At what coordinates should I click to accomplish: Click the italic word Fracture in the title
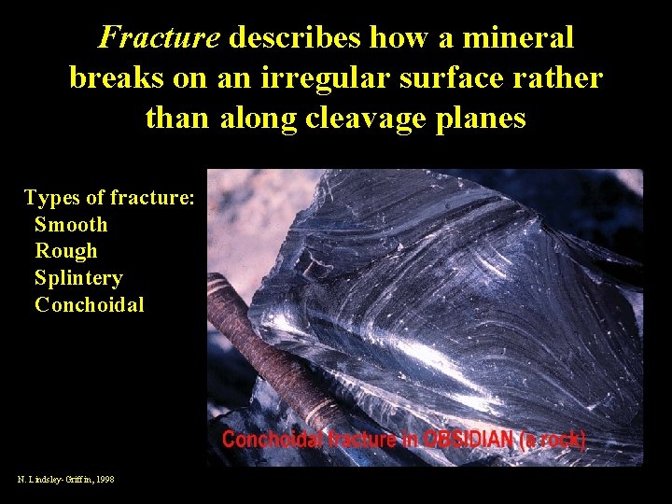pos(159,38)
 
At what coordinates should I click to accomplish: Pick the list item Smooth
pos(71,225)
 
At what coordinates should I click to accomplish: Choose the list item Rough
pos(65,251)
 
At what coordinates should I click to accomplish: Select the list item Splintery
pos(78,278)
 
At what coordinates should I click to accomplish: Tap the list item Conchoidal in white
pos(90,305)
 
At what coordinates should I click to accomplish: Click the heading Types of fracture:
pos(109,198)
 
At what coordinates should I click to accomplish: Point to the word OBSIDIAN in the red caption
pos(453,441)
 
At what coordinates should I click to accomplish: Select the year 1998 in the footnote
pos(105,479)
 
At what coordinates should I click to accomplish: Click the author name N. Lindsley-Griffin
pos(54,479)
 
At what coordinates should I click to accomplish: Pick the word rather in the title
pos(567,78)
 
